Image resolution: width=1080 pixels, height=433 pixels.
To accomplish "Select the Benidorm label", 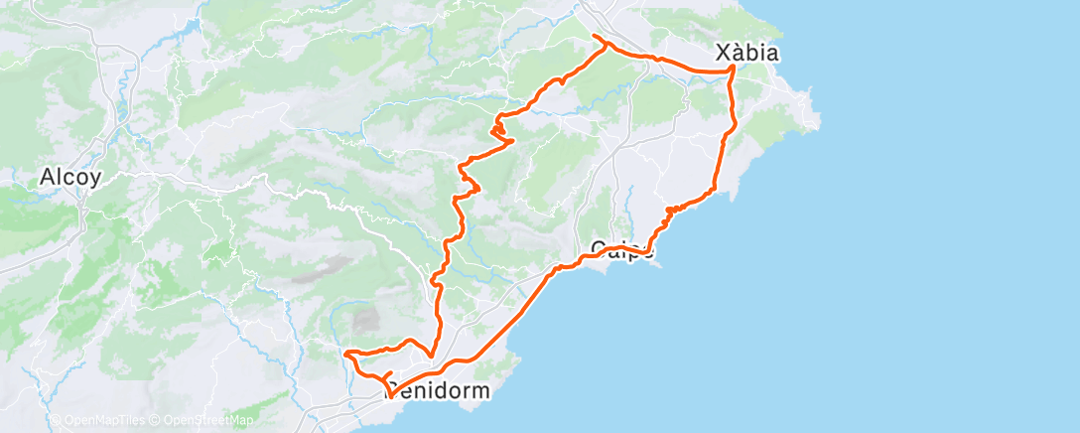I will pos(439,391).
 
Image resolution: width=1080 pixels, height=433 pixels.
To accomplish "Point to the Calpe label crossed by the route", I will pos(622,248).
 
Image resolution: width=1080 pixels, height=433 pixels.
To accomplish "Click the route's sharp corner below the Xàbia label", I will pos(733,68).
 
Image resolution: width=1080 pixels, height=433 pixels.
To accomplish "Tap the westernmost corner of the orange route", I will pos(344,354).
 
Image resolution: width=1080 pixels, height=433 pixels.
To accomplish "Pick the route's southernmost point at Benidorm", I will pos(389,396).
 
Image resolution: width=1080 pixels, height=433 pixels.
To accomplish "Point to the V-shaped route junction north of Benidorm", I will pos(430,357).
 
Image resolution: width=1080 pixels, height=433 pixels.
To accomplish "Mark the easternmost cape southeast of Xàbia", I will pos(816,124).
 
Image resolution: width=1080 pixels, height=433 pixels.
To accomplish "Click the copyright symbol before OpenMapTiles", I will pos(56,420).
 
